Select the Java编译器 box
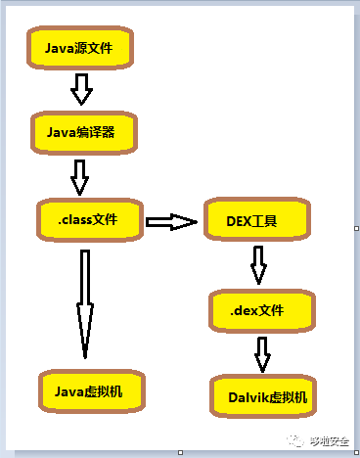[x=81, y=132]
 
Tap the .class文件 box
[x=88, y=220]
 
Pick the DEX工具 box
[x=257, y=221]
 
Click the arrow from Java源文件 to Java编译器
[x=81, y=90]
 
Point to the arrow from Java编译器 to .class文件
[x=80, y=176]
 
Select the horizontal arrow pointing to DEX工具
[x=171, y=222]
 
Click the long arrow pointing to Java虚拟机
[x=85, y=303]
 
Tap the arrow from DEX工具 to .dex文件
[x=259, y=264]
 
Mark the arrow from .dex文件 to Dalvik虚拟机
[x=262, y=353]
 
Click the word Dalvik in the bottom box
[x=247, y=397]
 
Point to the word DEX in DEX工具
[x=241, y=221]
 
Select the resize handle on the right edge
[x=356, y=228]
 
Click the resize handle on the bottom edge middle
[x=179, y=452]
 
